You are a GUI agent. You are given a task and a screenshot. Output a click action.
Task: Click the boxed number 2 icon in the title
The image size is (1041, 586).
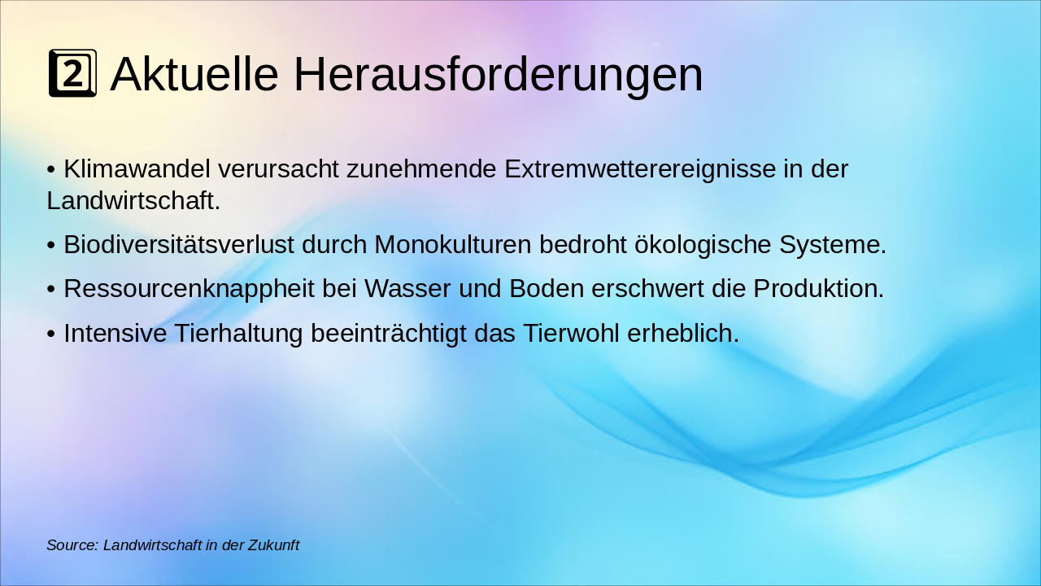72,73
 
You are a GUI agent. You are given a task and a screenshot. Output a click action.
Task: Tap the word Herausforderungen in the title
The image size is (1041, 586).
498,74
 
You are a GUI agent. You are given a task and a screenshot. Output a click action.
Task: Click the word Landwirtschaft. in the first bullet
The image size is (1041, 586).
133,200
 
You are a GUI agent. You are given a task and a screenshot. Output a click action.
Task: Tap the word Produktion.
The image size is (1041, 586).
818,289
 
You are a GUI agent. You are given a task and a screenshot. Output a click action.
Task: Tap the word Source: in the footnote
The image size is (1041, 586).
72,545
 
